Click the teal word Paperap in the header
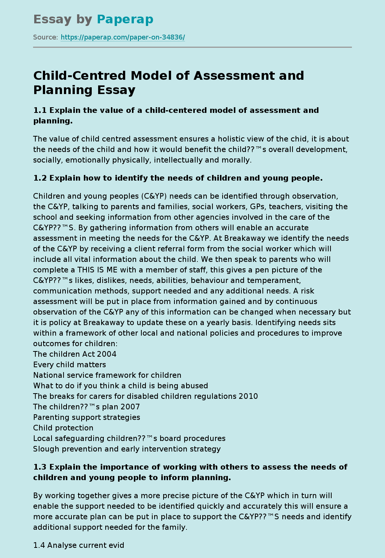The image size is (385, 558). (x=125, y=20)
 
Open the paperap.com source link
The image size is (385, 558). (x=123, y=37)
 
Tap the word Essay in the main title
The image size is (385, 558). (x=116, y=90)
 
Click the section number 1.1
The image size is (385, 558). (x=40, y=110)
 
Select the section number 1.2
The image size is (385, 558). (x=40, y=178)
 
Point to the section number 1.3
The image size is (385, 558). (x=40, y=467)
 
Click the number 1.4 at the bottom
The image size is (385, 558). (x=39, y=545)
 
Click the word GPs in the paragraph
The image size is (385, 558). (x=257, y=207)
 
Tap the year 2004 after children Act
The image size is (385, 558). (x=106, y=354)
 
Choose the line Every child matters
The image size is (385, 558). (x=70, y=365)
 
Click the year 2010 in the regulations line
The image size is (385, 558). (x=248, y=396)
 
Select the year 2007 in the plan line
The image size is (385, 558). (x=130, y=407)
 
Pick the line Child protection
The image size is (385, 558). (x=63, y=428)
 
